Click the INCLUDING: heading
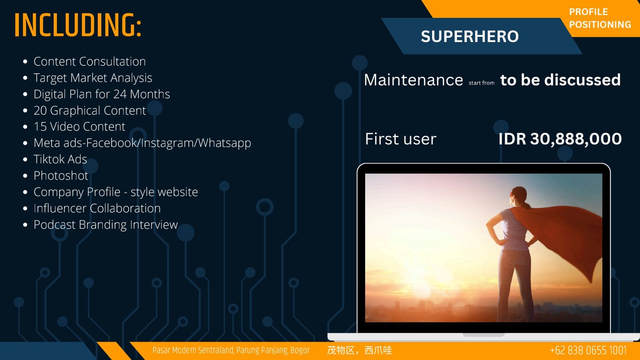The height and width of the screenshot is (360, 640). point(78,25)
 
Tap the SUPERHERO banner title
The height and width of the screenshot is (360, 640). point(470,36)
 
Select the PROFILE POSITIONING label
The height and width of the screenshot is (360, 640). point(600,18)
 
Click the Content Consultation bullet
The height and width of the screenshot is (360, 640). point(90,62)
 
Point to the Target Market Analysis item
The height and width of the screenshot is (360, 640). point(93,78)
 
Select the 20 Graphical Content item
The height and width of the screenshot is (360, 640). point(90,110)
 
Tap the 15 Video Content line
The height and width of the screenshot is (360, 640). point(80,126)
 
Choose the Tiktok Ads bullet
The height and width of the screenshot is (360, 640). point(60,159)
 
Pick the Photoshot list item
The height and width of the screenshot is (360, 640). point(61,176)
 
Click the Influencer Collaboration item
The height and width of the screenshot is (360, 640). point(97,208)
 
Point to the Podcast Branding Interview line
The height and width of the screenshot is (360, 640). point(106,224)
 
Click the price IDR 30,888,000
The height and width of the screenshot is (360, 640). point(560,139)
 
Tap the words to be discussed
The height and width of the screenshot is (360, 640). point(560,80)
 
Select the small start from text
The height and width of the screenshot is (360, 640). point(482,83)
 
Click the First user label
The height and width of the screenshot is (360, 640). point(400,139)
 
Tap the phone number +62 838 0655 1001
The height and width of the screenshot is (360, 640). point(588,350)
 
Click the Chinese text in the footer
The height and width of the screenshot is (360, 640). point(360,350)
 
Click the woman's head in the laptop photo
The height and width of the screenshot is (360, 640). point(518,196)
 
